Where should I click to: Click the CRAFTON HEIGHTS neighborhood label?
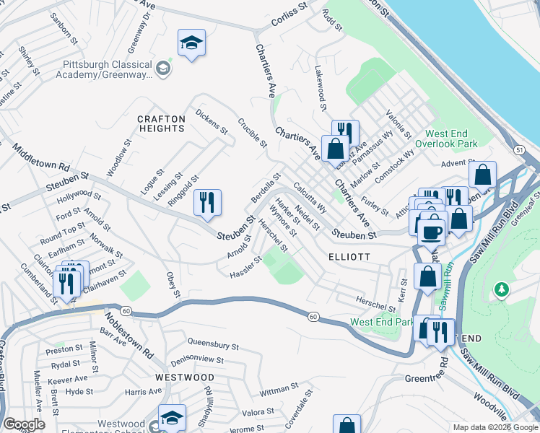pyautogui.click(x=161, y=123)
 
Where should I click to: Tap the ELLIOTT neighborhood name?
pyautogui.click(x=349, y=257)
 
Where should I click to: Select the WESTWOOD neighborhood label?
pyautogui.click(x=186, y=377)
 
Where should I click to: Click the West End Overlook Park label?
pyautogui.click(x=461, y=139)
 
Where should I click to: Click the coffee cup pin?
pyautogui.click(x=432, y=232)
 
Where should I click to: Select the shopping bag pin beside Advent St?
pyautogui.click(x=482, y=175)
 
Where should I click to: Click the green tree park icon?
pyautogui.click(x=501, y=289)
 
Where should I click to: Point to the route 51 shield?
pyautogui.click(x=519, y=149)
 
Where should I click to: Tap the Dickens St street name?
pyautogui.click(x=212, y=122)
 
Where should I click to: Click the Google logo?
pyautogui.click(x=24, y=424)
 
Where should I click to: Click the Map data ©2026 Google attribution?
pyautogui.click(x=495, y=427)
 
